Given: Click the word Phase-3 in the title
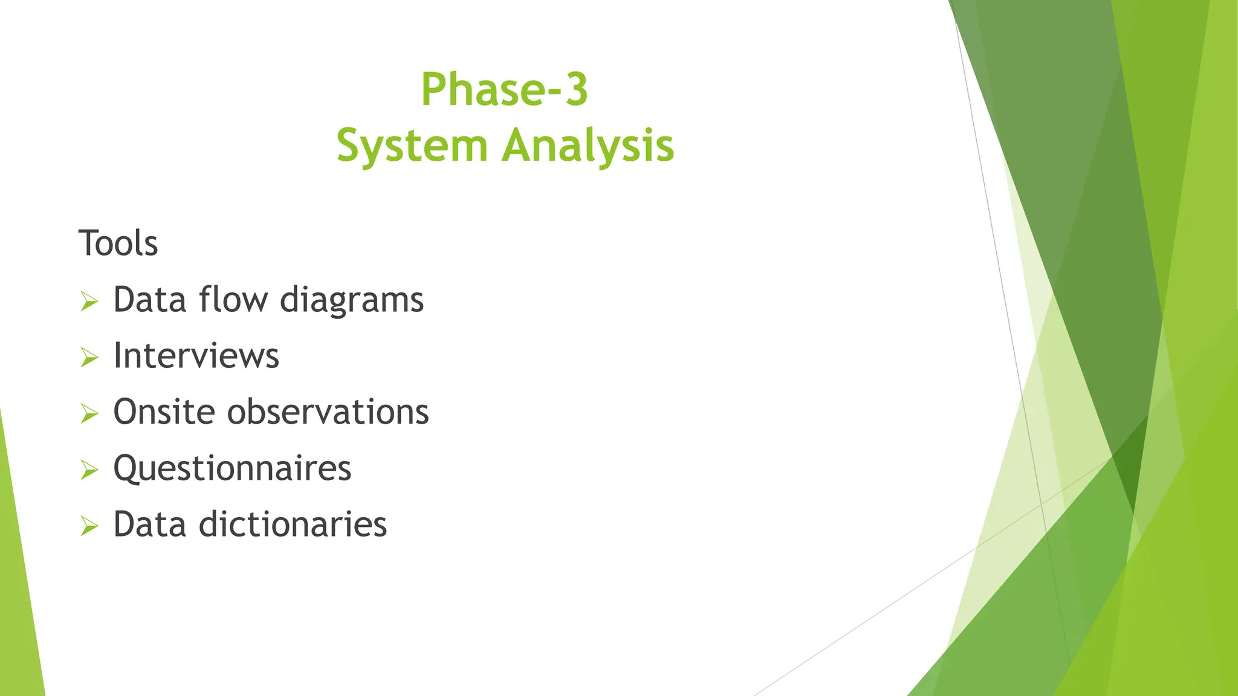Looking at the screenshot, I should tap(504, 89).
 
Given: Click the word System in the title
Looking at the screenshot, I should tap(412, 146).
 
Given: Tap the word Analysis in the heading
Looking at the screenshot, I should tap(588, 146).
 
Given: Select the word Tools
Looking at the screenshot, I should tap(118, 243).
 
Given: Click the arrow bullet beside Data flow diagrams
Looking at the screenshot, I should tap(89, 301).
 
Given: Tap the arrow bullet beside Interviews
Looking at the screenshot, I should tap(89, 357).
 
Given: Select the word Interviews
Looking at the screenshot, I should tap(196, 356).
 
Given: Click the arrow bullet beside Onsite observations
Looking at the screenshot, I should tap(89, 413).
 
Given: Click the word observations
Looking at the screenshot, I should tap(328, 412).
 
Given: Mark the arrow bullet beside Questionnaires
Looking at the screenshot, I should tap(89, 469).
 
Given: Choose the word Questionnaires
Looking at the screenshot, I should tap(232, 469).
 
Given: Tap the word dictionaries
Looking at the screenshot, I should tap(293, 524).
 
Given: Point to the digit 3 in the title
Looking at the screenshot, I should tap(576, 89).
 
